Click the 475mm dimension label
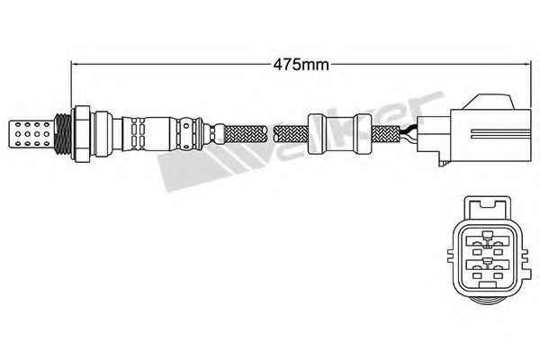pyautogui.click(x=301, y=65)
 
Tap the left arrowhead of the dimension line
pyautogui.click(x=74, y=64)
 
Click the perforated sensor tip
pyautogui.click(x=30, y=134)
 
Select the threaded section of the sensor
pyautogui.click(x=63, y=134)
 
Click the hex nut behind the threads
pyautogui.click(x=82, y=134)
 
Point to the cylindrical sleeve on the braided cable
pyautogui.click(x=339, y=134)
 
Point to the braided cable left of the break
pyautogui.click(x=246, y=134)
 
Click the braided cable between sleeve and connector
pyautogui.click(x=386, y=134)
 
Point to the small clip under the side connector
pyautogui.click(x=443, y=162)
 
